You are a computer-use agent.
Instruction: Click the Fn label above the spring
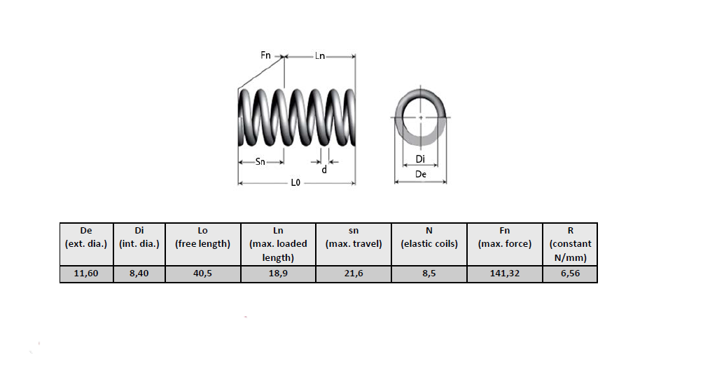pyautogui.click(x=266, y=55)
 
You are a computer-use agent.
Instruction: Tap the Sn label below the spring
pyautogui.click(x=260, y=162)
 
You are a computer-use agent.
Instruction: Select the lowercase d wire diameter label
pyautogui.click(x=323, y=170)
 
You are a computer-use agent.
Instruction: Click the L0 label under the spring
pyautogui.click(x=295, y=183)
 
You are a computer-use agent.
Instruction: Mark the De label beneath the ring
pyautogui.click(x=421, y=174)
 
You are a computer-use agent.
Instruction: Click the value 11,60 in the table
pyautogui.click(x=86, y=274)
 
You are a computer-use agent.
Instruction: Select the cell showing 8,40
pyautogui.click(x=139, y=274)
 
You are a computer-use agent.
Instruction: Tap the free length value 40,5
pyautogui.click(x=202, y=274)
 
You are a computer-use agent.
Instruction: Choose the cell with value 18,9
pyautogui.click(x=278, y=274)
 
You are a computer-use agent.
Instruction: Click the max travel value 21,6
pyautogui.click(x=354, y=274)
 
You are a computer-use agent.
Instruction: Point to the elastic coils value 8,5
pyautogui.click(x=429, y=274)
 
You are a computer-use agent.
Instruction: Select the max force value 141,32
pyautogui.click(x=504, y=274)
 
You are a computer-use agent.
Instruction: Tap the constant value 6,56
pyautogui.click(x=570, y=274)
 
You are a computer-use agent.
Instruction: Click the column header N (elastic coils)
pyautogui.click(x=429, y=237)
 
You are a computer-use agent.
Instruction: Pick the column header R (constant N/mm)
pyautogui.click(x=570, y=243)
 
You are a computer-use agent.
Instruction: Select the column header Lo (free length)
pyautogui.click(x=202, y=237)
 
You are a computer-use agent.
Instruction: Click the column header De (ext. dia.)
pyautogui.click(x=86, y=237)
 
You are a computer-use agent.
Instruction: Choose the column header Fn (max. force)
pyautogui.click(x=504, y=237)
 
